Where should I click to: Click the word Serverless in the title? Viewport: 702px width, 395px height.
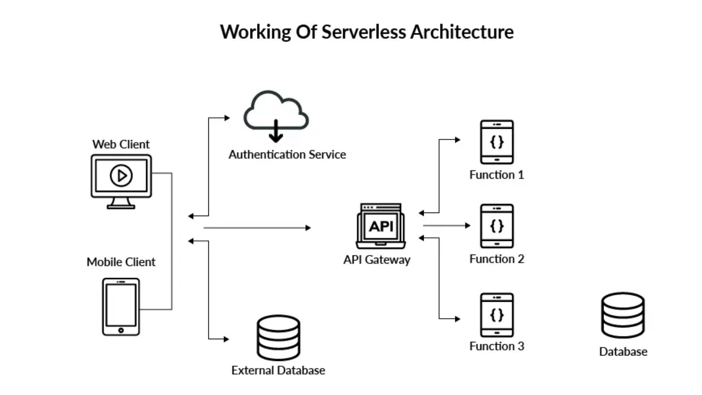pyautogui.click(x=364, y=32)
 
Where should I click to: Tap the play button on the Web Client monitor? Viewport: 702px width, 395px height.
pyautogui.click(x=121, y=176)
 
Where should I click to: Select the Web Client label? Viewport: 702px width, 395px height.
pyautogui.click(x=121, y=144)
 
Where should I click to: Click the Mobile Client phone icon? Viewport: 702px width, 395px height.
pyautogui.click(x=121, y=306)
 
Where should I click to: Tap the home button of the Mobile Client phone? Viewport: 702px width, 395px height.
pyautogui.click(x=121, y=330)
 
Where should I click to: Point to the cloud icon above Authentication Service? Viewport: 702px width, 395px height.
pyautogui.click(x=276, y=110)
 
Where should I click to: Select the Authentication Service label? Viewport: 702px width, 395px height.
pyautogui.click(x=287, y=155)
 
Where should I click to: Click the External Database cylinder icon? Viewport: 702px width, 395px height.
pyautogui.click(x=278, y=338)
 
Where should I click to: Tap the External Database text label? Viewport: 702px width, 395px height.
pyautogui.click(x=278, y=370)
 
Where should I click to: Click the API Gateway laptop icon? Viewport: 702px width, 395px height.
pyautogui.click(x=381, y=226)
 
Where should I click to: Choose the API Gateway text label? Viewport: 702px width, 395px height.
pyautogui.click(x=377, y=260)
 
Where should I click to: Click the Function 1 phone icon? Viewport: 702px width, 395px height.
pyautogui.click(x=497, y=142)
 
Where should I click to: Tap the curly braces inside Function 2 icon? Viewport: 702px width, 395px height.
pyautogui.click(x=497, y=226)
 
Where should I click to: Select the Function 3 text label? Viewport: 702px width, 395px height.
pyautogui.click(x=497, y=346)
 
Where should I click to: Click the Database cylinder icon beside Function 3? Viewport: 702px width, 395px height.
pyautogui.click(x=623, y=315)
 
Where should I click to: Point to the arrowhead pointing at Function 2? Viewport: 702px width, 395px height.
pyautogui.click(x=468, y=226)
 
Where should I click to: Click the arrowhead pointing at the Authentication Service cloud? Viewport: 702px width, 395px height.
pyautogui.click(x=227, y=118)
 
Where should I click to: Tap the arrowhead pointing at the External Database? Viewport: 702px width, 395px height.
pyautogui.click(x=226, y=339)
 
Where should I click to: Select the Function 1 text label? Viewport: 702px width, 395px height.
pyautogui.click(x=497, y=175)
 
